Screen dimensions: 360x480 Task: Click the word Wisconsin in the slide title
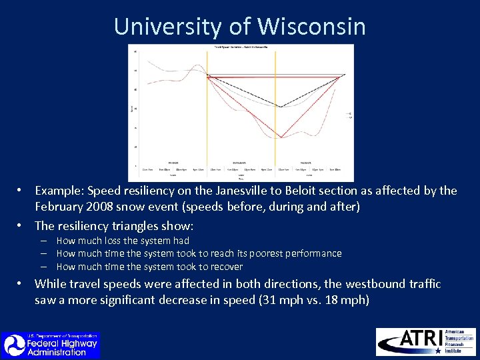click(x=311, y=27)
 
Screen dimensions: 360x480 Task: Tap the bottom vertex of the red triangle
click(x=281, y=137)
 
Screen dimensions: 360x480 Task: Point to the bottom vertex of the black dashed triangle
click(x=281, y=107)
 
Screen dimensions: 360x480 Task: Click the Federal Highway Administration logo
click(x=51, y=345)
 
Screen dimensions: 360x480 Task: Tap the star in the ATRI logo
click(x=437, y=350)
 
